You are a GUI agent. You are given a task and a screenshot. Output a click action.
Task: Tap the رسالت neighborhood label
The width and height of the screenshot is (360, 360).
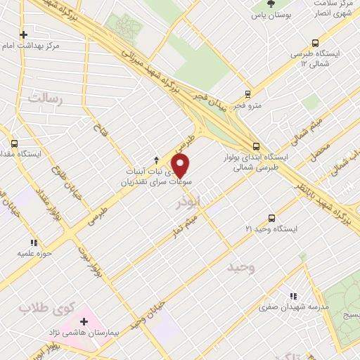[x=43, y=100]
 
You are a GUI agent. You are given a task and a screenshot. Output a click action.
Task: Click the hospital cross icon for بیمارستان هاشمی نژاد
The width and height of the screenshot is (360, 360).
[x=84, y=321]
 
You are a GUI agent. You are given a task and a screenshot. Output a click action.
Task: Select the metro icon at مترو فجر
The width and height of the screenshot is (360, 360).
[x=247, y=94]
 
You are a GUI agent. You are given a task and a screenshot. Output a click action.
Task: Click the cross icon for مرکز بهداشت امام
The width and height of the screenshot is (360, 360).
[x=24, y=34]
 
